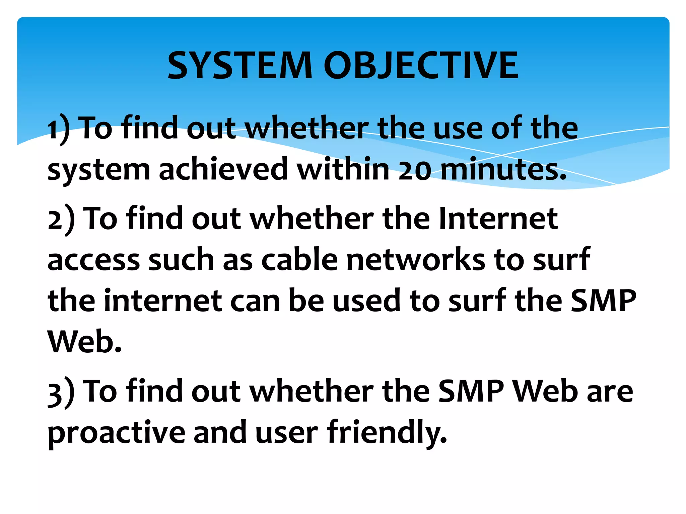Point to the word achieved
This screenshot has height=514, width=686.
coord(223,169)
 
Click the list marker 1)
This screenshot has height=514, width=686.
coord(59,129)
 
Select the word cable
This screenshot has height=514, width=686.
coord(299,260)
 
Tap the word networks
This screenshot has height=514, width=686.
coord(415,260)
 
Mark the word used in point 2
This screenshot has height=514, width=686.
coord(366,301)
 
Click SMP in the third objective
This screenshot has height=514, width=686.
coord(471,391)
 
